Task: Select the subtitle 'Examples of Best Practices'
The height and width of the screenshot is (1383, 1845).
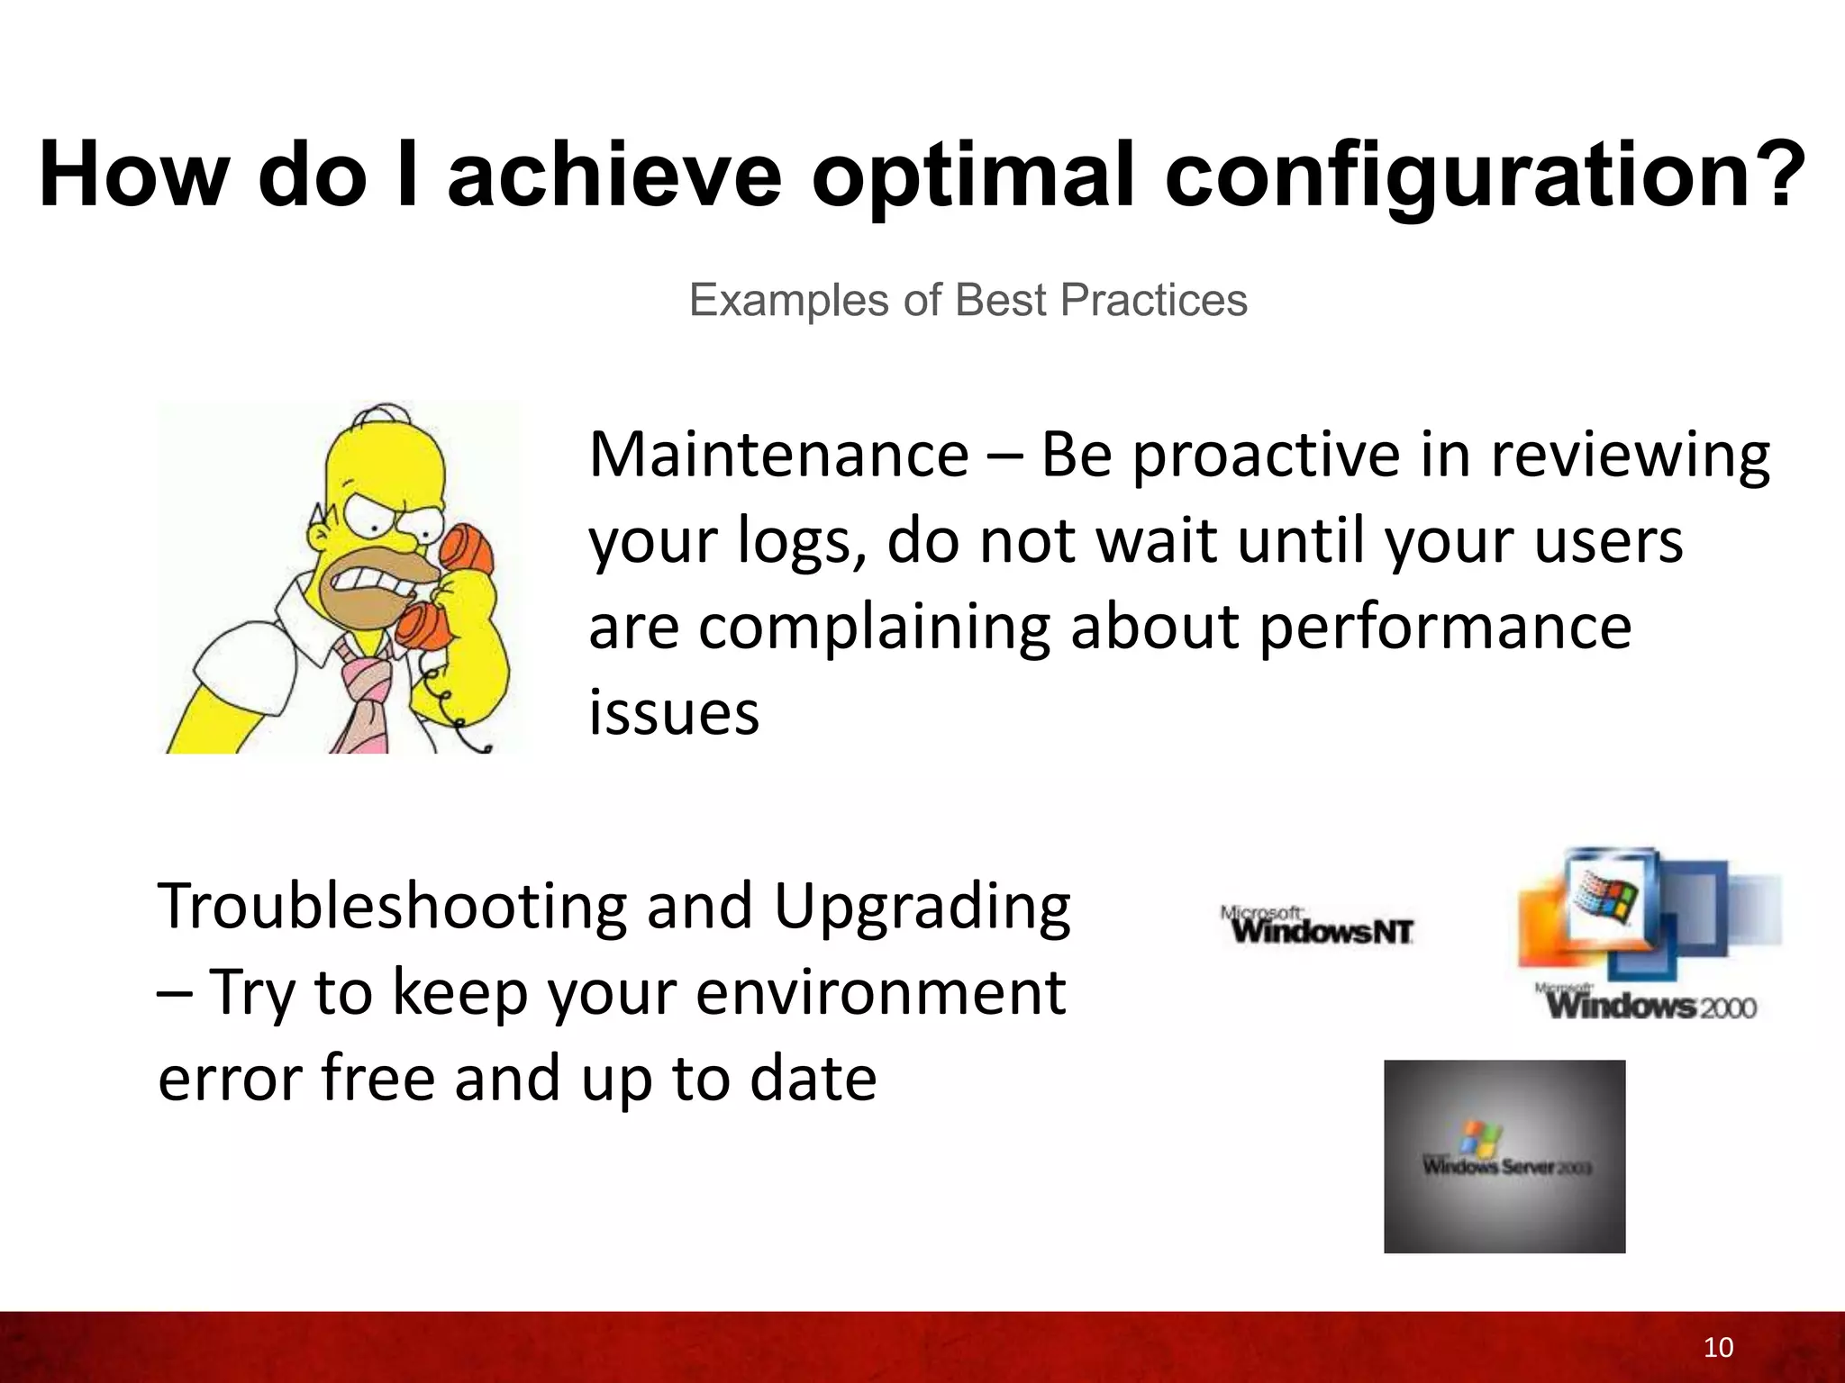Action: point(968,300)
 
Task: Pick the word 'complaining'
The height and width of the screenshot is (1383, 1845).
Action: point(874,628)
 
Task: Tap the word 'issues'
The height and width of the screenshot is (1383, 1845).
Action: point(674,712)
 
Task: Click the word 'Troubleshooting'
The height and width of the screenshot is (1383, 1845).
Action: point(391,908)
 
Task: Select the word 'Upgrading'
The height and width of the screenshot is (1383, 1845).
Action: point(922,908)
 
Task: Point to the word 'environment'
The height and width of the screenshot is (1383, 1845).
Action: point(880,992)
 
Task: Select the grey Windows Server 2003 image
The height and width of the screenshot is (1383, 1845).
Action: point(1504,1156)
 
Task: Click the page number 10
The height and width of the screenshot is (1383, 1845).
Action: point(1718,1347)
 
